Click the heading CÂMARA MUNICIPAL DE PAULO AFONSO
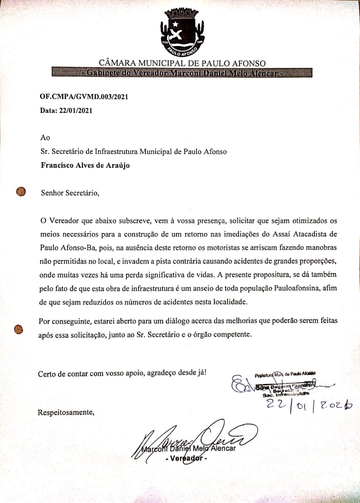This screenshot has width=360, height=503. pyautogui.click(x=182, y=63)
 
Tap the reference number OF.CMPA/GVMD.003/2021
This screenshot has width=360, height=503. pyautogui.click(x=84, y=97)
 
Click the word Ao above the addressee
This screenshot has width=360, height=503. pyautogui.click(x=45, y=138)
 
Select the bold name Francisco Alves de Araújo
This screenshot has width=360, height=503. pyautogui.click(x=85, y=165)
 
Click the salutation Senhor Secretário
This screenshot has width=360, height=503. pyautogui.click(x=70, y=193)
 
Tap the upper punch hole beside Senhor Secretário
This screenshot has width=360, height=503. pyautogui.click(x=20, y=191)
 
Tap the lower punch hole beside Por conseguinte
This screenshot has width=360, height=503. pyautogui.click(x=18, y=329)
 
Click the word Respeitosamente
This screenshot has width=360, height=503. pyautogui.click(x=66, y=413)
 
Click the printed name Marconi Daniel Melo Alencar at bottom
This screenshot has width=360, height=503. pyautogui.click(x=189, y=448)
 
